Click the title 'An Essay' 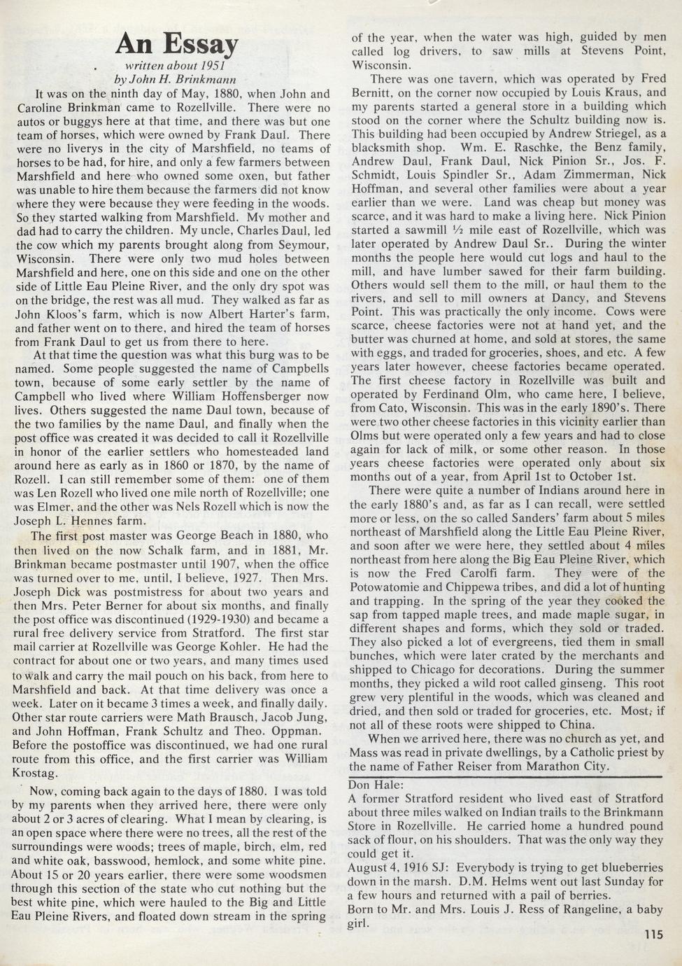click(x=176, y=43)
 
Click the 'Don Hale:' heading click(x=376, y=785)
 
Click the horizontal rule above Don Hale click(x=504, y=776)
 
